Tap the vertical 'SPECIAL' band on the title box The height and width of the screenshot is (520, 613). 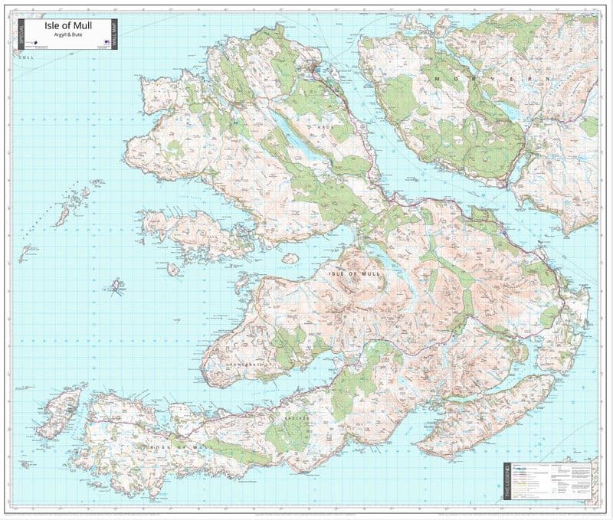(x=21, y=34)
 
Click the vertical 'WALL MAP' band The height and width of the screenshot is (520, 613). (x=113, y=34)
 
